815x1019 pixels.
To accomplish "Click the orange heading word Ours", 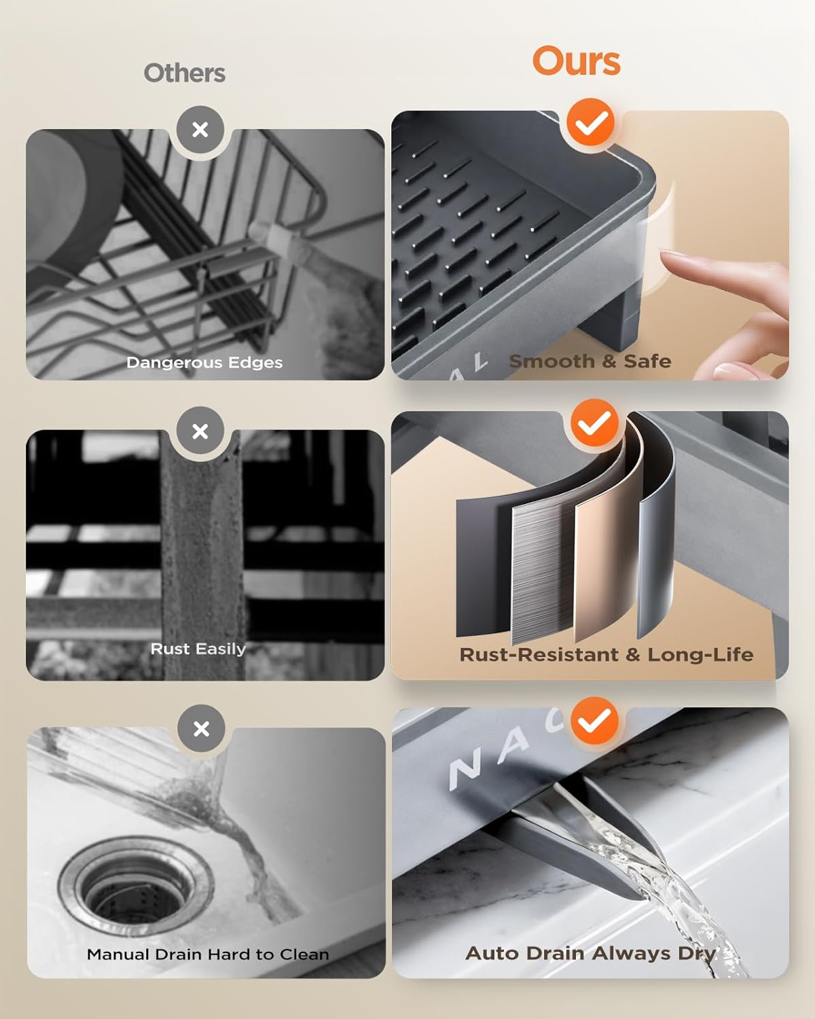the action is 577,61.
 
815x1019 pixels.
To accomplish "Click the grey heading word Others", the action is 185,73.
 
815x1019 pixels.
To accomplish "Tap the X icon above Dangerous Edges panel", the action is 200,130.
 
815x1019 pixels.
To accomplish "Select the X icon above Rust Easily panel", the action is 200,431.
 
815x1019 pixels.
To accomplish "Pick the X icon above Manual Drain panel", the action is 201,728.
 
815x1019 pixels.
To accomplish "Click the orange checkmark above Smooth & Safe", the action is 590,123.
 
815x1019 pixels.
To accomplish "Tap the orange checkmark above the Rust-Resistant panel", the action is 594,423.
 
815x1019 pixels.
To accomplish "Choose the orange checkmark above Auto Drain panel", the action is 594,721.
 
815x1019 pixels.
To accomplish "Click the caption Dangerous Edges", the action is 204,363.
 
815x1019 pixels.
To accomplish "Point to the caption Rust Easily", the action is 198,649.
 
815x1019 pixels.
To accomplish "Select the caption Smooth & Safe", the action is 590,361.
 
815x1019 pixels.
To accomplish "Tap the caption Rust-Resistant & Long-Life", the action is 606,654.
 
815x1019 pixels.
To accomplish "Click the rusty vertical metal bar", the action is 202,558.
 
